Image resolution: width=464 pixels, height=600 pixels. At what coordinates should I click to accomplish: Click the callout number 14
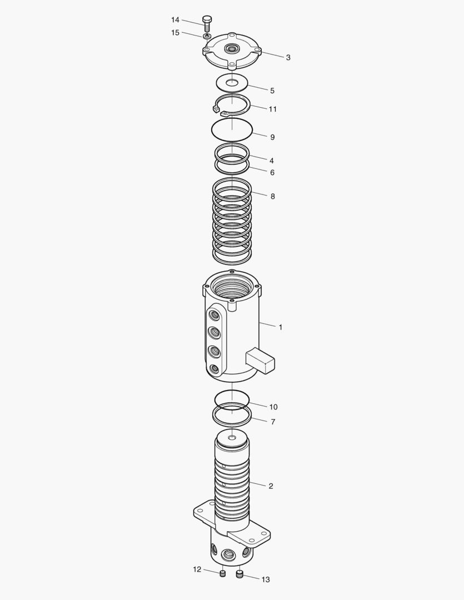[175, 20]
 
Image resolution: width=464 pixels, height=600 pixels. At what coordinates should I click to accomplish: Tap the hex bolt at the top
[207, 23]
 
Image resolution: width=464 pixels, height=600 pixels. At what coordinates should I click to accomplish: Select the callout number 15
[175, 33]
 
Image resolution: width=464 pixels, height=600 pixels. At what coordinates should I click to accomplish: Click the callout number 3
[288, 57]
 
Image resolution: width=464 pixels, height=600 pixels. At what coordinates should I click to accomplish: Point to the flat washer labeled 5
[232, 83]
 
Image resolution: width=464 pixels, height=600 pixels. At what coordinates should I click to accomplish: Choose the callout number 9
[272, 137]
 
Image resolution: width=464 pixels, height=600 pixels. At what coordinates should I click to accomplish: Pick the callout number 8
[272, 196]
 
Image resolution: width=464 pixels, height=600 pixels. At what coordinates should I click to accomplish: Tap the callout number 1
[281, 327]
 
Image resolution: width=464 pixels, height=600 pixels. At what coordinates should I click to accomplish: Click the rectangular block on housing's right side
[260, 359]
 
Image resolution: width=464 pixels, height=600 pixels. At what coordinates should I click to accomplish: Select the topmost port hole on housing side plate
[213, 316]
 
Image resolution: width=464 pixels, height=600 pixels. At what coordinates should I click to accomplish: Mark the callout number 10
[273, 407]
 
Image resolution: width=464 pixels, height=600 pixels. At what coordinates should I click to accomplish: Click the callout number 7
[273, 422]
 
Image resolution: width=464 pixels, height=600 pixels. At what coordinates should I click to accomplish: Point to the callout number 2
[271, 486]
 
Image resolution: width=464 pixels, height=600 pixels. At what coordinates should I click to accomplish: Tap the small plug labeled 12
[222, 573]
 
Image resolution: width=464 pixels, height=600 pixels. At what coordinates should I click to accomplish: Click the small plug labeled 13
[240, 574]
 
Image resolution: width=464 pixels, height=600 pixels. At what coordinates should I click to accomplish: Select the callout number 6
[272, 172]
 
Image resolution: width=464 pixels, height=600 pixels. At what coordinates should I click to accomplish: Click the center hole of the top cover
[232, 49]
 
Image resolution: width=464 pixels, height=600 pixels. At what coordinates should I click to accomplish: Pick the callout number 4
[272, 160]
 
